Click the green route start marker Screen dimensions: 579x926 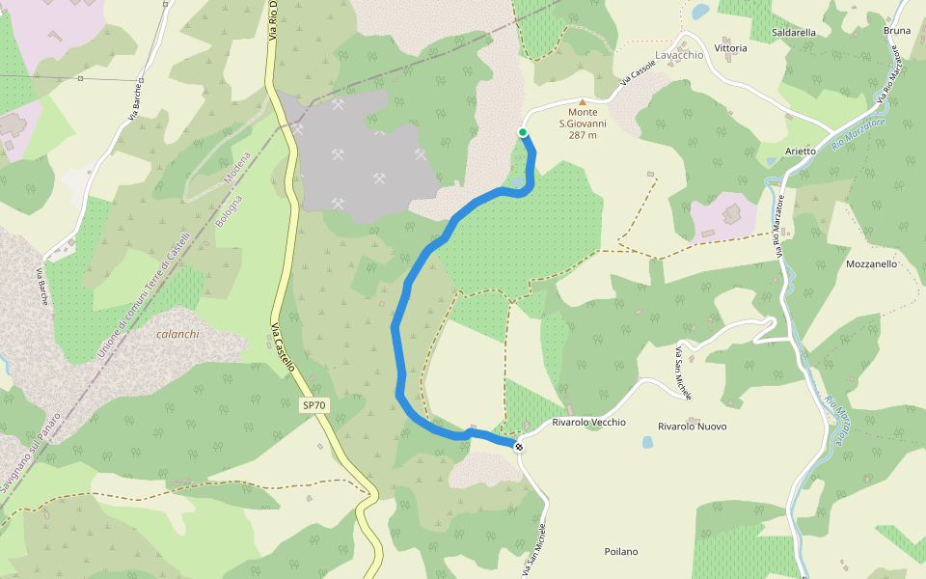coord(523,132)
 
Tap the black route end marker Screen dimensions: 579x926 coord(519,446)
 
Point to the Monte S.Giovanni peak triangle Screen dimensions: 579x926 coord(582,101)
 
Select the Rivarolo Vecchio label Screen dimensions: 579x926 coord(588,423)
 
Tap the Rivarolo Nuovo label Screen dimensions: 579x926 coord(692,427)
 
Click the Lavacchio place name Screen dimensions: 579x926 coord(679,55)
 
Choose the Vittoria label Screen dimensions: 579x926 coord(730,48)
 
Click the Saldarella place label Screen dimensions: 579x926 coord(794,32)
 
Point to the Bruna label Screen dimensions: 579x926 coord(897,31)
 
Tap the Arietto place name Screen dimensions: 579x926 coord(801,152)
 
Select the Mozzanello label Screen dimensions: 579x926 coord(871,263)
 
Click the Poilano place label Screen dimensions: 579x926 coord(621,552)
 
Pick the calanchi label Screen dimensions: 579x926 coord(177,335)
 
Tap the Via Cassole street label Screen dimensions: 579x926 coord(638,75)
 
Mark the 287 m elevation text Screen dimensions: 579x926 coord(582,135)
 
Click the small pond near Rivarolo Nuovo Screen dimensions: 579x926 coord(646,443)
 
